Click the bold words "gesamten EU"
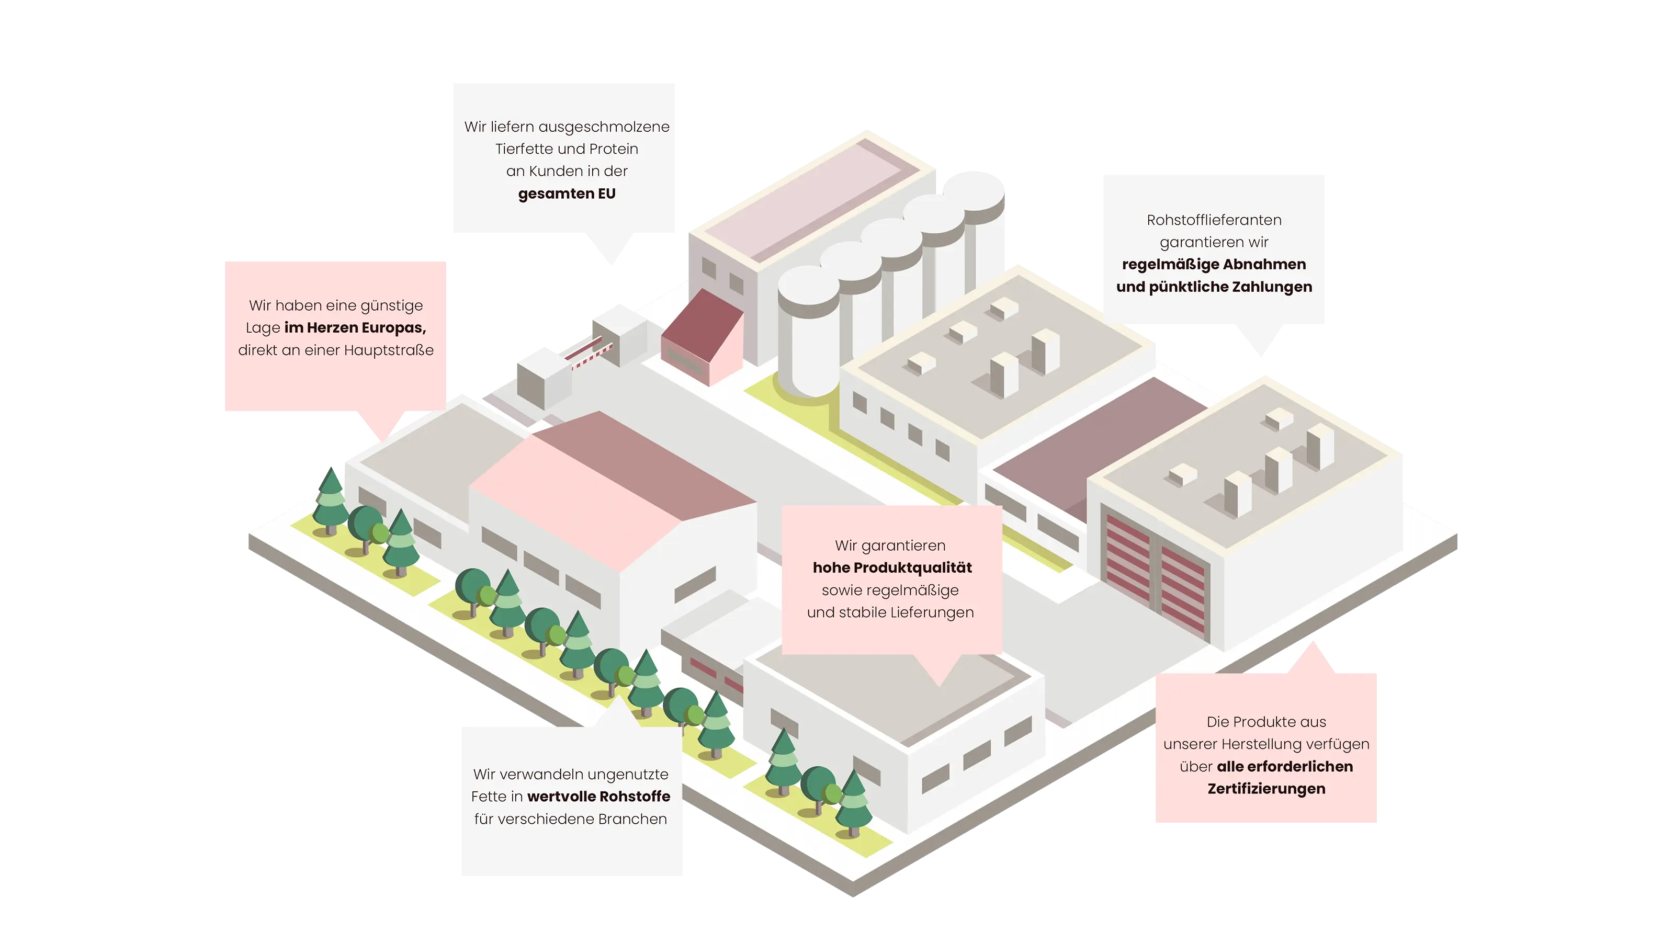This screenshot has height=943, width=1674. (567, 194)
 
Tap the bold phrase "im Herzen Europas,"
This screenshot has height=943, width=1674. (355, 327)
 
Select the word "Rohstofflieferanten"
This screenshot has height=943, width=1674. (1214, 220)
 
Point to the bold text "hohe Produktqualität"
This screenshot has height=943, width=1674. (891, 567)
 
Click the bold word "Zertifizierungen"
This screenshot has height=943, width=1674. (1266, 788)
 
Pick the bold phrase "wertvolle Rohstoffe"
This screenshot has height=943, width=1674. (598, 796)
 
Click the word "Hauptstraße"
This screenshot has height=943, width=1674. (389, 350)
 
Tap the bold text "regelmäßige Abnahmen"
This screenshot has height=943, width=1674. (1214, 265)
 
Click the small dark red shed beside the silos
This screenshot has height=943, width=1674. (702, 338)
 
